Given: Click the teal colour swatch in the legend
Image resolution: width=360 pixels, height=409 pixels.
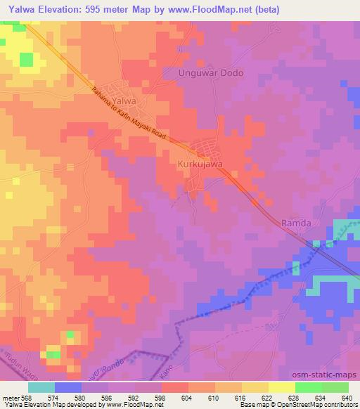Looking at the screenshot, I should click(x=41, y=387).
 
